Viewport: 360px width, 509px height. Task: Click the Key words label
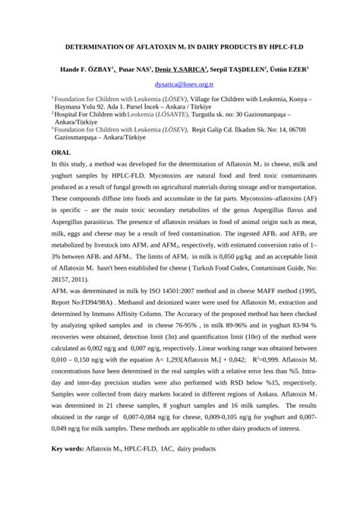coord(68,449)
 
